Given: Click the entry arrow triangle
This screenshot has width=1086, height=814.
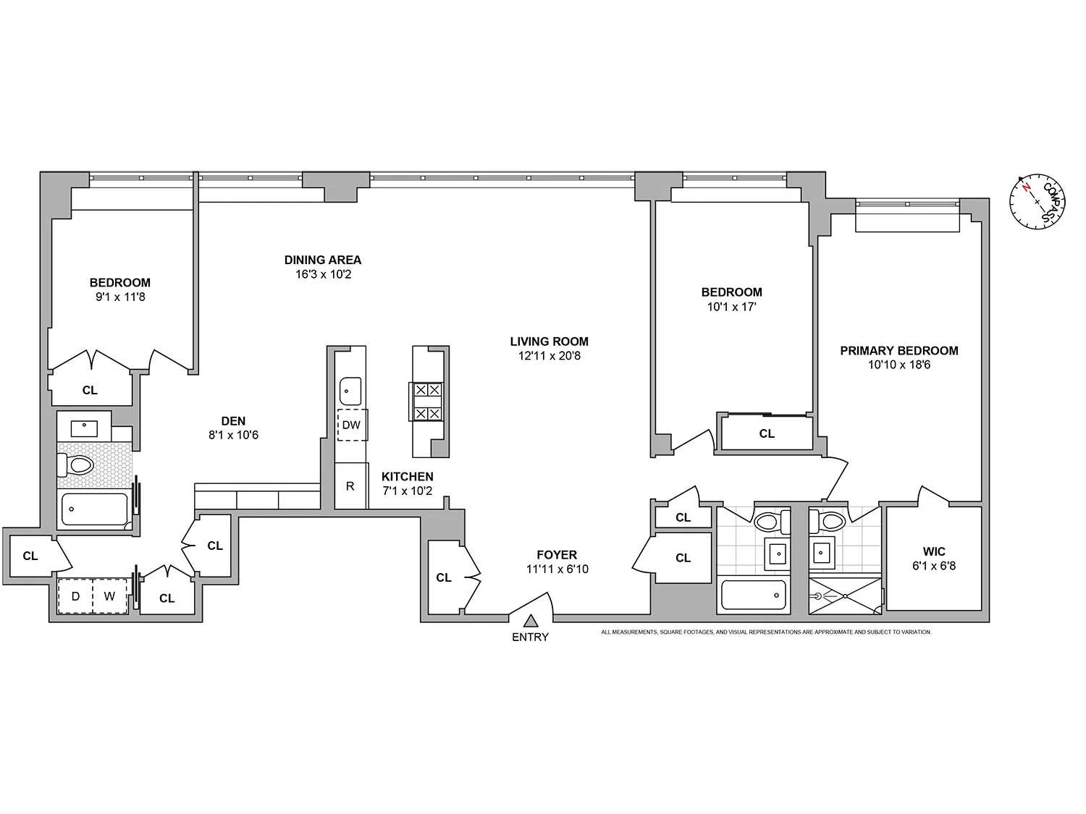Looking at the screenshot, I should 531,621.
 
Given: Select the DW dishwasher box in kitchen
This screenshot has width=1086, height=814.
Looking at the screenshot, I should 351,425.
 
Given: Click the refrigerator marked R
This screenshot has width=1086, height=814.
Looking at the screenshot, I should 350,486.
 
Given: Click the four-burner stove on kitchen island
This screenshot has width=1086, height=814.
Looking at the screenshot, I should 426,402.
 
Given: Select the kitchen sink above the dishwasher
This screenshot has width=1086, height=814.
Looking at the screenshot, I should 350,391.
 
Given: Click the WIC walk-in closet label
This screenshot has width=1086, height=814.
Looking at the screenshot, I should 934,551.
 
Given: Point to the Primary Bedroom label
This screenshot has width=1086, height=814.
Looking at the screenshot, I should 898,351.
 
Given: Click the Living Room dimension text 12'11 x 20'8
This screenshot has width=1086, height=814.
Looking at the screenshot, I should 549,356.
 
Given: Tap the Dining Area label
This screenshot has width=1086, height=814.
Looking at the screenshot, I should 322,260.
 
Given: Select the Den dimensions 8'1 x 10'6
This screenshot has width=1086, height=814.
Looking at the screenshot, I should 233,436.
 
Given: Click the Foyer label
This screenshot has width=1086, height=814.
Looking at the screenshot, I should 557,555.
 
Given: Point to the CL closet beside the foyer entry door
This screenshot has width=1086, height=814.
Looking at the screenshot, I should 444,577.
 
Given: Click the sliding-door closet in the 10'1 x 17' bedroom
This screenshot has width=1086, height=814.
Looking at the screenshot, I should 766,433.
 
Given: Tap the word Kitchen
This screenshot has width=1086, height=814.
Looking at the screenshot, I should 408,477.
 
